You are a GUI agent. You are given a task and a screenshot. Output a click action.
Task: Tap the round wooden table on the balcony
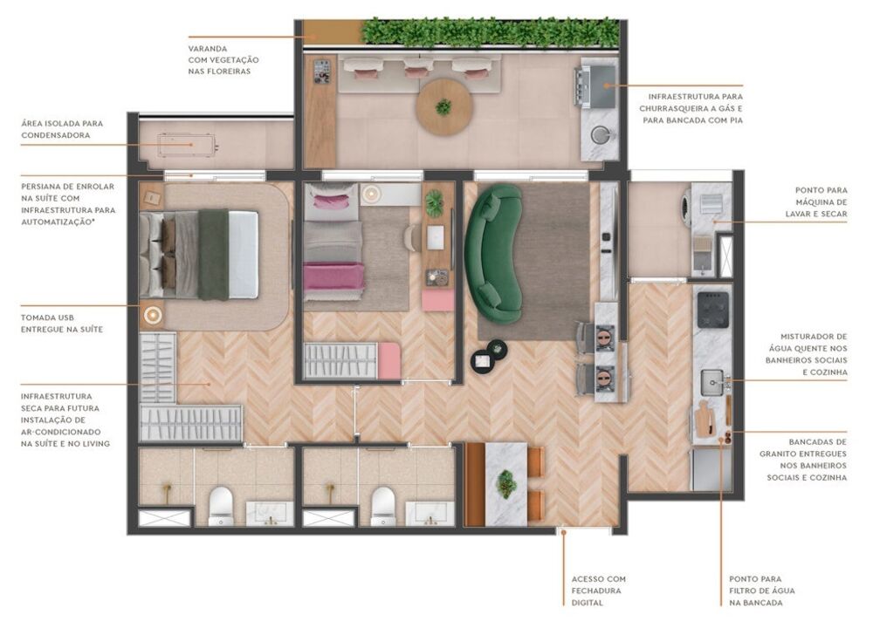point(443,106)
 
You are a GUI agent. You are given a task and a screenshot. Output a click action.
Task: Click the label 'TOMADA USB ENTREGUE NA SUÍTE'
point(61,323)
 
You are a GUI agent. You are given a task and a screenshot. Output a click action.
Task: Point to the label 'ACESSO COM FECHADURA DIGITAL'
point(598,590)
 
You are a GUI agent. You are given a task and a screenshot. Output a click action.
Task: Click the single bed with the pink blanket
point(333,253)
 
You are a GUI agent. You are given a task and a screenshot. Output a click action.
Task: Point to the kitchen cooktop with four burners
point(712,308)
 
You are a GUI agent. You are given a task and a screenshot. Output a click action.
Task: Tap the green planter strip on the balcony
point(489,32)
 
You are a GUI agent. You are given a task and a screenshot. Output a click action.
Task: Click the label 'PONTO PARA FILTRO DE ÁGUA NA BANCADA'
point(762,590)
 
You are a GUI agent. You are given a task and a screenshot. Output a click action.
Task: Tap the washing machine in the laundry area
point(690,202)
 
